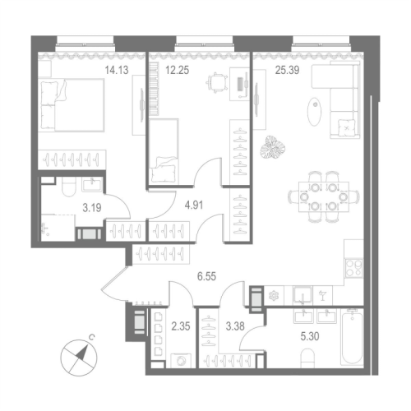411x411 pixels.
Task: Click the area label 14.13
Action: [x=117, y=70]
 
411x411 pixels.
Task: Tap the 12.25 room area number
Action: [x=178, y=70]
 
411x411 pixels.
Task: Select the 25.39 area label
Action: [x=287, y=70]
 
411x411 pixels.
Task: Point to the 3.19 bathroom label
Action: [x=92, y=208]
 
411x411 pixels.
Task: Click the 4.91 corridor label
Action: [x=194, y=205]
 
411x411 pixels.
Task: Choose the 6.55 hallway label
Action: [x=206, y=276]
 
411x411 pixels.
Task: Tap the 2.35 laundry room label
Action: [x=181, y=326]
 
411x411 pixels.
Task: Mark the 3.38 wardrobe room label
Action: [x=235, y=326]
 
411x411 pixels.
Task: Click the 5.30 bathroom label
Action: [x=310, y=336]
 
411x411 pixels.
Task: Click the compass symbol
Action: [x=79, y=358]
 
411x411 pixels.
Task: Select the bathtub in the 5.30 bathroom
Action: [x=352, y=337]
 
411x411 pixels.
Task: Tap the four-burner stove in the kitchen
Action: [x=354, y=268]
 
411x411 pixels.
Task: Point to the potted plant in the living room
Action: [x=273, y=147]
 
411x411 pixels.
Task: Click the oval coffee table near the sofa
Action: [x=314, y=112]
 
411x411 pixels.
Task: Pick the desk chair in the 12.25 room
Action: [x=217, y=82]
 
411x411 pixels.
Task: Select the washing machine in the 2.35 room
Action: [x=181, y=361]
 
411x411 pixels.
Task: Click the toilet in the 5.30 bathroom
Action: [x=307, y=358]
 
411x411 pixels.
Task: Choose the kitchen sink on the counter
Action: [x=302, y=294]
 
